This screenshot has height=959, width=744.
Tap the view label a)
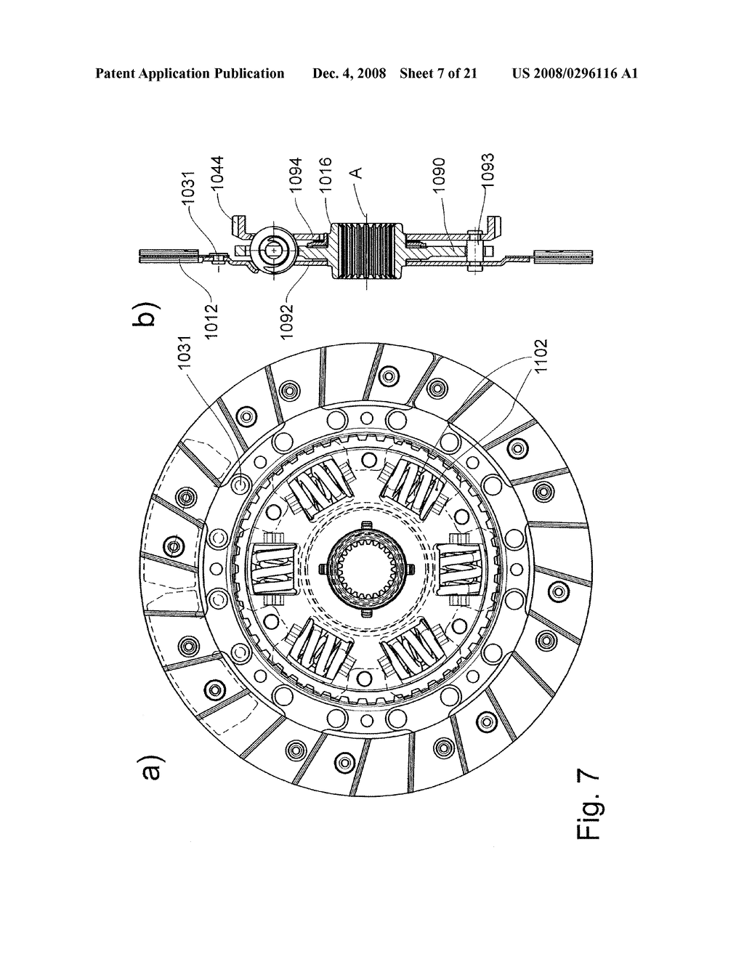coord(149,772)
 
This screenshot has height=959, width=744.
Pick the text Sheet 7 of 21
coord(438,73)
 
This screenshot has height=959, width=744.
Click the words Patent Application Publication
coord(190,73)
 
